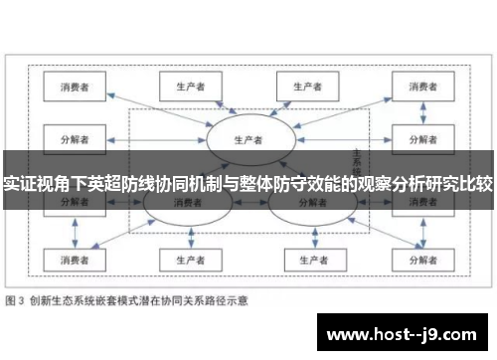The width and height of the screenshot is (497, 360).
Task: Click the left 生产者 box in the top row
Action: click(182, 87)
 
